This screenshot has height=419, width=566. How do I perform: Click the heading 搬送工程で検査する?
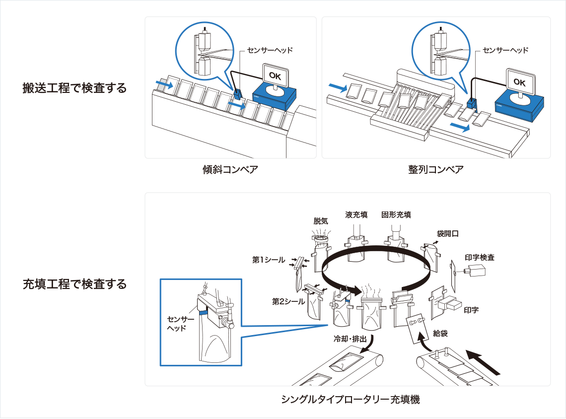[74, 88]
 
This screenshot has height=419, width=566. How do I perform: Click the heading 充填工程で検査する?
[74, 284]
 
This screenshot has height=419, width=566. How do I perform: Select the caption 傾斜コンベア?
[230, 170]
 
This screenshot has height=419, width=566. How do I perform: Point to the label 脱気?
[321, 221]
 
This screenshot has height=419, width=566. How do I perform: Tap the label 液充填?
[356, 214]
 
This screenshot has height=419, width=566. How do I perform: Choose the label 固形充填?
[396, 214]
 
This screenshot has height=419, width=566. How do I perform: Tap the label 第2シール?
[288, 301]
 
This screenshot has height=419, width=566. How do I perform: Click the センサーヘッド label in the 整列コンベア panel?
[505, 50]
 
